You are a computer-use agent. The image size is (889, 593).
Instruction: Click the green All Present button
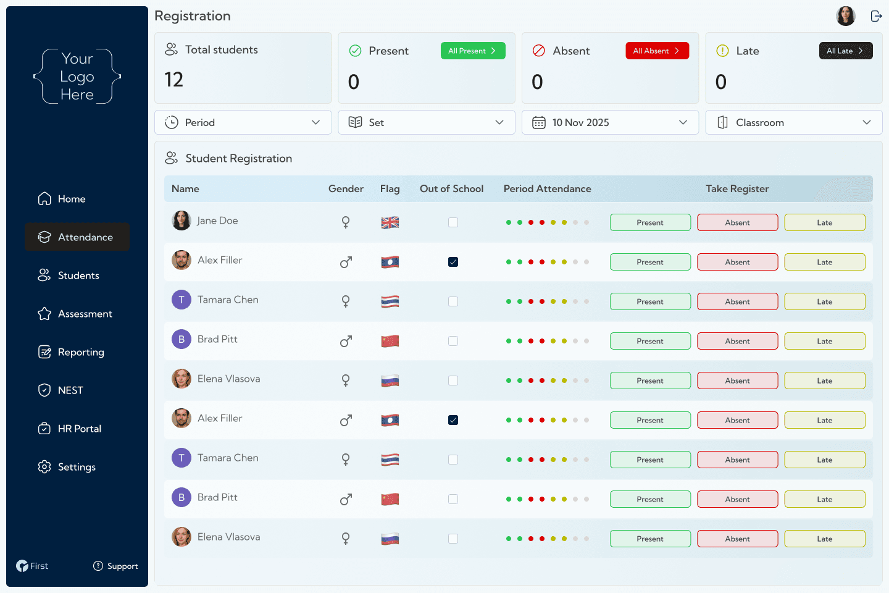[473, 51]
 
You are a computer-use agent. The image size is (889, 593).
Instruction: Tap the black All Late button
[845, 51]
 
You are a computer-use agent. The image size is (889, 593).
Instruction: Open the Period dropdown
[243, 122]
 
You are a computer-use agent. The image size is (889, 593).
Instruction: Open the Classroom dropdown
[793, 122]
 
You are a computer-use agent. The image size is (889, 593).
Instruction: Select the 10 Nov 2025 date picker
[610, 122]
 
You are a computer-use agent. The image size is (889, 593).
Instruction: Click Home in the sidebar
[71, 199]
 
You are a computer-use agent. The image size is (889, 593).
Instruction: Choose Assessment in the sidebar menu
[85, 314]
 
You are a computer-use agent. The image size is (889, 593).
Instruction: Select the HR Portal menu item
[79, 429]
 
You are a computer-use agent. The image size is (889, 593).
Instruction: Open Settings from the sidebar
[77, 467]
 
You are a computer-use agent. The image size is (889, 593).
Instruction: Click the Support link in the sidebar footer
[116, 566]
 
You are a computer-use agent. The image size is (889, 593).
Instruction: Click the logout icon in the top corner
[876, 16]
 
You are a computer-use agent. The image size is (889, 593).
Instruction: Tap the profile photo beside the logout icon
[845, 16]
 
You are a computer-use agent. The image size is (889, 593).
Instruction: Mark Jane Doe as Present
[650, 222]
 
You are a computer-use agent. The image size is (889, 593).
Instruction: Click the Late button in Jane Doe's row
[824, 222]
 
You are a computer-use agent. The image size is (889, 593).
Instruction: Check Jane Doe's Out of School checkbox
[453, 222]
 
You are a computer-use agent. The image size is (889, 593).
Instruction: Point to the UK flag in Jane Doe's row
[390, 222]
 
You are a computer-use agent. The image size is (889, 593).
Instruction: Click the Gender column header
[346, 189]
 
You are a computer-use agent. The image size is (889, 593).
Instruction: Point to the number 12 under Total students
[174, 80]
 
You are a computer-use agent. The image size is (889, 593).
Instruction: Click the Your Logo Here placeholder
[77, 77]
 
